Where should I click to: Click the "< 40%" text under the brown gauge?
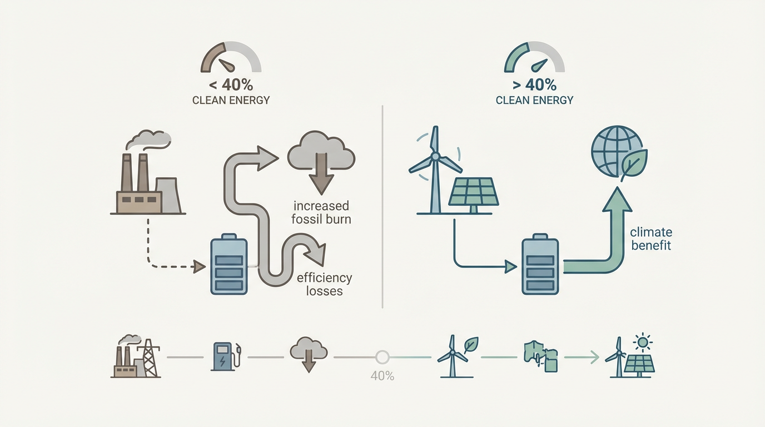tap(231, 85)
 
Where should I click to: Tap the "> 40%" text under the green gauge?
tap(534, 85)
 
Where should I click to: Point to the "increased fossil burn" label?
tap(321, 213)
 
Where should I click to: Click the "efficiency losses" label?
tap(324, 284)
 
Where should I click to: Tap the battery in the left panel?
tap(228, 265)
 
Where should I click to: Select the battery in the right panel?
tap(540, 265)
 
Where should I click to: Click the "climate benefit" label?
tap(651, 239)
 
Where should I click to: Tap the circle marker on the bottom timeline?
tap(382, 357)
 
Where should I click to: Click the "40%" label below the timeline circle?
tap(382, 376)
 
